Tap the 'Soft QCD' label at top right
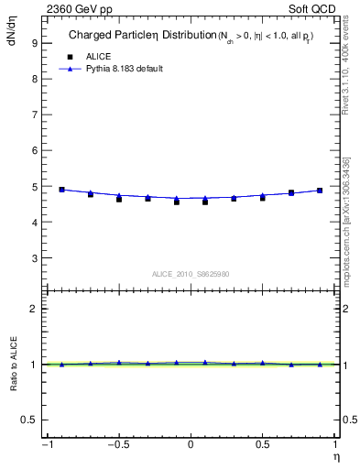tap(313, 8)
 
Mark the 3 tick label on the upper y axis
tap(33, 258)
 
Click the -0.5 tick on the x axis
tap(117, 446)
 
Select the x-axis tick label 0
tap(191, 446)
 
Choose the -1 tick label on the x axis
tap(45, 446)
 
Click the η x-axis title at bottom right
tap(334, 457)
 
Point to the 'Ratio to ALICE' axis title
tap(14, 365)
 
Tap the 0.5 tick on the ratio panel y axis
tap(29, 420)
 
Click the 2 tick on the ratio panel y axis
tap(33, 309)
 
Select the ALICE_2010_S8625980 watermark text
tap(191, 274)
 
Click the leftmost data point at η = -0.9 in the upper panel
tap(61, 190)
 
